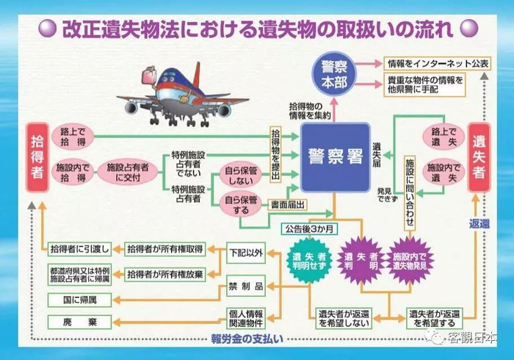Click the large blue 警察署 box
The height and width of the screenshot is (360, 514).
click(x=335, y=157)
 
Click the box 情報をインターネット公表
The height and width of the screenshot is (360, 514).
click(x=437, y=63)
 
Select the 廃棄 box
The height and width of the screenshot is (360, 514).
click(x=79, y=323)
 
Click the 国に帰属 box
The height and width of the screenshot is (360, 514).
click(x=79, y=299)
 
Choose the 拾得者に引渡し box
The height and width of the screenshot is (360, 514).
click(x=79, y=248)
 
